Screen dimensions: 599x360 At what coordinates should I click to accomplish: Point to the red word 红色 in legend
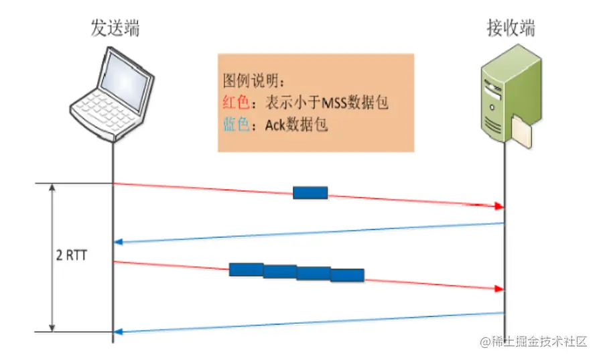tap(235, 103)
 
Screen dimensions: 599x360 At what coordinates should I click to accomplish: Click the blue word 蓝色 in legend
tap(235, 125)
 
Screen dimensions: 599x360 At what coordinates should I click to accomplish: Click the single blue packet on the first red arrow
tap(310, 193)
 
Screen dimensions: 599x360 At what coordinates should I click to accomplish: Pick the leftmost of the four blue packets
tap(246, 269)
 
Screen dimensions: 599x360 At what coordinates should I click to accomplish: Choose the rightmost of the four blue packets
tap(347, 275)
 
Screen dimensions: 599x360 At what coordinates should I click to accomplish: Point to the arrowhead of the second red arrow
tap(499, 288)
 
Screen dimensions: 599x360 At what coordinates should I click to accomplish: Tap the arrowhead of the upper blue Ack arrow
tap(118, 241)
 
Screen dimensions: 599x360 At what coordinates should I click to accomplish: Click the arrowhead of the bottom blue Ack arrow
tap(118, 330)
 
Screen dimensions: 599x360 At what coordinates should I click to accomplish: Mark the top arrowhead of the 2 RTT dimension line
tap(53, 188)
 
